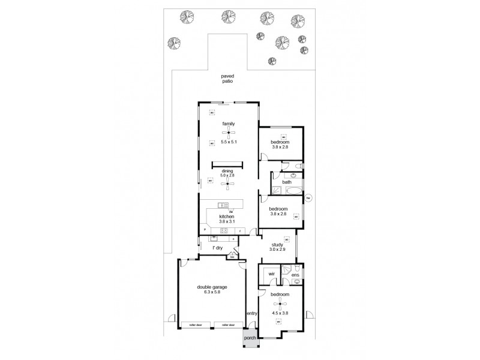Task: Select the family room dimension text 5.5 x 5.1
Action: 228,142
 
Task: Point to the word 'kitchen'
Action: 226,216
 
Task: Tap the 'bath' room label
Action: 287,182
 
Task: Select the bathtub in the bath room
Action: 293,191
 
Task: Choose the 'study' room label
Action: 278,245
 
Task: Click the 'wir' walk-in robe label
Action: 271,273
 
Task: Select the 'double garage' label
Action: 212,287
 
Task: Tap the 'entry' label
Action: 251,313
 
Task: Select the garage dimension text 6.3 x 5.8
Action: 212,293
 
